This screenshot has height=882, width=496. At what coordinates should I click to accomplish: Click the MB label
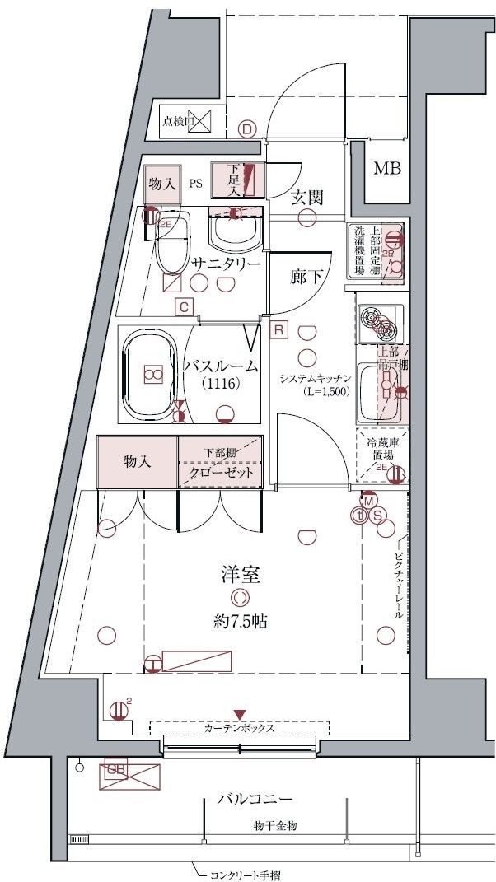(x=386, y=170)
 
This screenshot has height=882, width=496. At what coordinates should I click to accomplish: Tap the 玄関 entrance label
(x=306, y=198)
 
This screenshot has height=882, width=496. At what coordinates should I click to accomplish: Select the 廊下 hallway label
(x=306, y=278)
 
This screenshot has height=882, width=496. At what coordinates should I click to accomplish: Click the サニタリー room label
(x=227, y=264)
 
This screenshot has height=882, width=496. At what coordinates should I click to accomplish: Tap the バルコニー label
(x=255, y=799)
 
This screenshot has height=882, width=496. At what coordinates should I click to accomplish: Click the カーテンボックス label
(x=239, y=729)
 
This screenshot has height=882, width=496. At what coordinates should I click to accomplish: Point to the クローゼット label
(x=220, y=475)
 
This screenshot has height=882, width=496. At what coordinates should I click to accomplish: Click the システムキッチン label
(x=316, y=378)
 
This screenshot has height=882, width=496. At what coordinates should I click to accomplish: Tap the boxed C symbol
(x=185, y=308)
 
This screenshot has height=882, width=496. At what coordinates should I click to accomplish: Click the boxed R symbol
(x=279, y=330)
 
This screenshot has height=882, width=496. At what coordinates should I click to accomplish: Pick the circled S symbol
(x=378, y=516)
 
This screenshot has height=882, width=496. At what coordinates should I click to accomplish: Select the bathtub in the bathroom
(x=151, y=374)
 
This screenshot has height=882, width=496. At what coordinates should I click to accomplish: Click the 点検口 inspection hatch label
(x=177, y=122)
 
